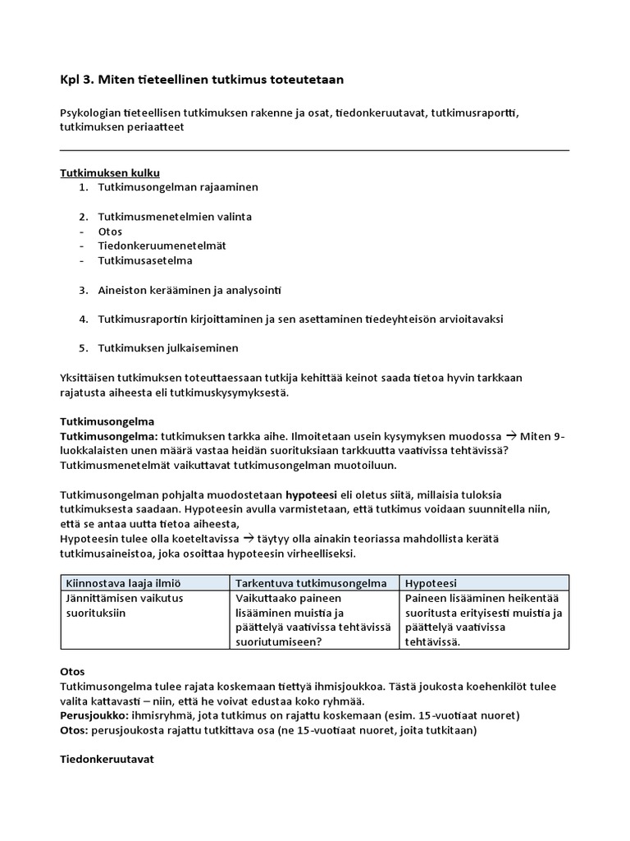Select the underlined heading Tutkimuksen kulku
click(x=109, y=172)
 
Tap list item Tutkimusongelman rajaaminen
click(x=178, y=187)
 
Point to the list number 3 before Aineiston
click(x=83, y=291)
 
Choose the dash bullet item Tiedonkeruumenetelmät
click(x=162, y=246)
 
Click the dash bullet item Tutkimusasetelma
click(x=145, y=261)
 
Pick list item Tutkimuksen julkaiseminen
click(x=168, y=348)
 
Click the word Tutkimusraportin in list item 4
click(x=139, y=319)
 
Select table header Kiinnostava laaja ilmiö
click(x=122, y=583)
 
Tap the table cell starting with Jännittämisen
click(x=123, y=605)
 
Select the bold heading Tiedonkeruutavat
click(x=107, y=760)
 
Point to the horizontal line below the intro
click(x=314, y=150)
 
